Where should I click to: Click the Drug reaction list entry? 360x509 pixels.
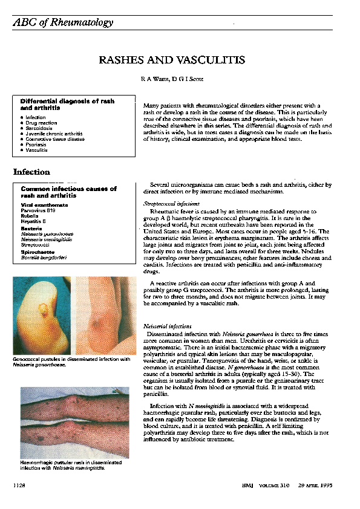(41, 123)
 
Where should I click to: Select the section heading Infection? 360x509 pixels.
(31, 172)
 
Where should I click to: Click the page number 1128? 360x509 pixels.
(20, 485)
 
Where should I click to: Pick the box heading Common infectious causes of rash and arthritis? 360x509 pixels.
(68, 192)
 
